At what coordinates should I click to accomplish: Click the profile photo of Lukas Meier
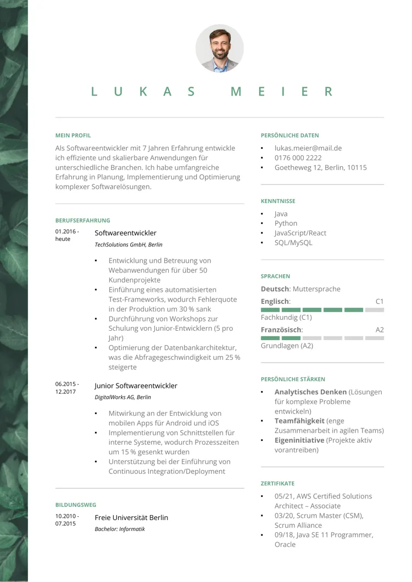point(220,48)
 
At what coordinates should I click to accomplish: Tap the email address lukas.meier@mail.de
point(308,148)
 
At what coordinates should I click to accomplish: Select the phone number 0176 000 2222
point(298,158)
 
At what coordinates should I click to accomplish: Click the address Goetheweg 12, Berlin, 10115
point(321,168)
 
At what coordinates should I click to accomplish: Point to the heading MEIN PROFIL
point(73,135)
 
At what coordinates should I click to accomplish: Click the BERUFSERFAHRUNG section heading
point(82,221)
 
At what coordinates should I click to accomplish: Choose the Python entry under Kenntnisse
point(286,223)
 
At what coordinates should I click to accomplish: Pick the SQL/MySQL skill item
point(293,242)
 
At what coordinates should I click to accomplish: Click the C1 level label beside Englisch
point(379,301)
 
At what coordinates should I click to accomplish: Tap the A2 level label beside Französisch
point(379,330)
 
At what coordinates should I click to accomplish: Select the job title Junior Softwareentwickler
point(136,386)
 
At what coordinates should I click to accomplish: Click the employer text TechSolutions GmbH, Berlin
point(129,245)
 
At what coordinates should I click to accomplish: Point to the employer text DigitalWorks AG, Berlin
point(123,397)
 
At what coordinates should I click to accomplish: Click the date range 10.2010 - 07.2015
point(67,520)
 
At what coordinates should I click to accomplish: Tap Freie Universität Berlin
point(131,517)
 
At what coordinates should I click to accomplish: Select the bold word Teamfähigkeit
point(299,421)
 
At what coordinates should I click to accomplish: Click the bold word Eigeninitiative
point(299,440)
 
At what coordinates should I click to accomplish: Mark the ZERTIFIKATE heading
point(277,484)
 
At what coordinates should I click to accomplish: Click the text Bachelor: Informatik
point(120,529)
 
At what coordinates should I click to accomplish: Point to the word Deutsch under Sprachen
point(275,289)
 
